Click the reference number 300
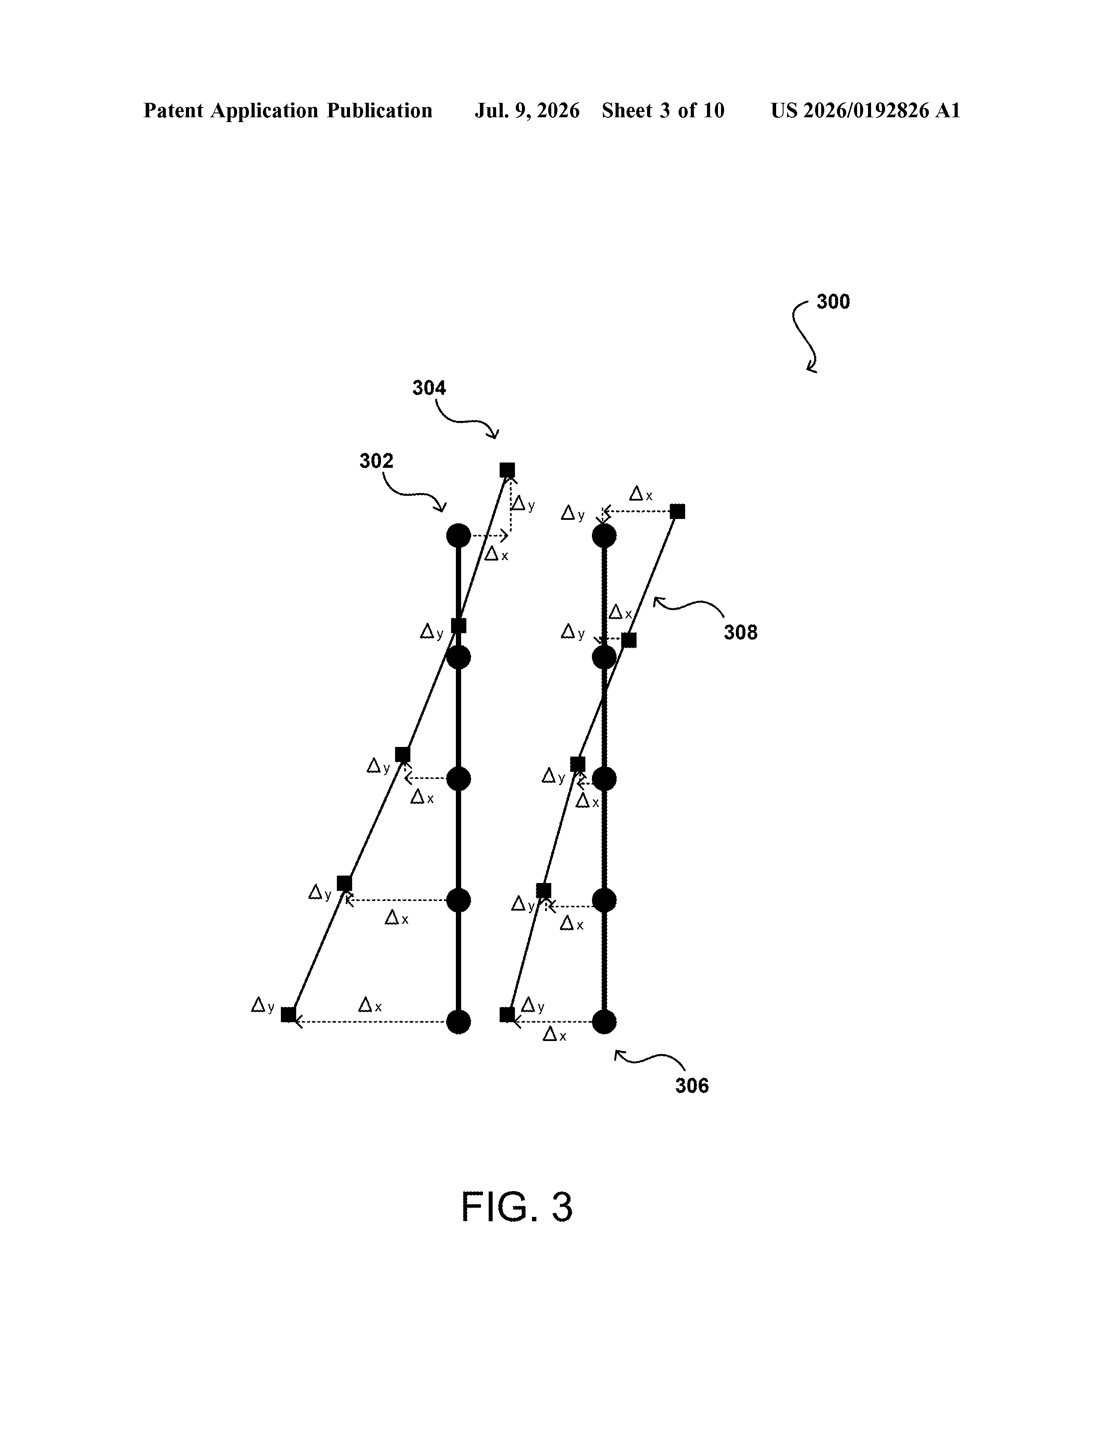833,302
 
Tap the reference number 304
429,388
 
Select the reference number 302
376,461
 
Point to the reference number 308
741,633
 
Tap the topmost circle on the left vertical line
458,536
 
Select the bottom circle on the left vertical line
458,1022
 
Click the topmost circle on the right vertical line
604,536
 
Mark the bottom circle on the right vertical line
604,1022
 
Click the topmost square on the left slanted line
507,470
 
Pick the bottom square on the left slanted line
288,1015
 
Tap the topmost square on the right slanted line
677,511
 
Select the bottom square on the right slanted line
507,1015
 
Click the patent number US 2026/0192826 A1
865,110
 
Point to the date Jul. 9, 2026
527,110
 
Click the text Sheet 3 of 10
663,110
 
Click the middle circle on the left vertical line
458,779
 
